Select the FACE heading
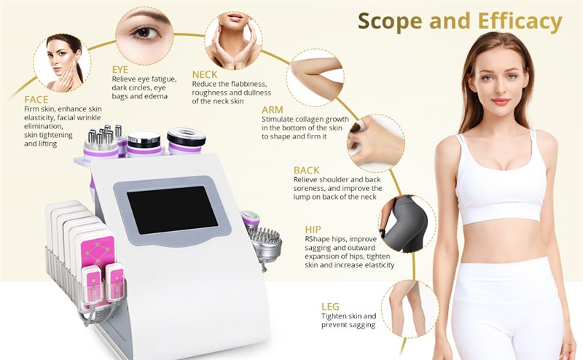(36, 99)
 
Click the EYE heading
(120, 69)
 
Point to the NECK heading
(205, 74)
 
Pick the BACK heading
(306, 170)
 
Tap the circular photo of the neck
(233, 39)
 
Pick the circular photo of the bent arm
(315, 77)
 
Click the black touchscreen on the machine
(172, 210)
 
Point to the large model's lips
(501, 101)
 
